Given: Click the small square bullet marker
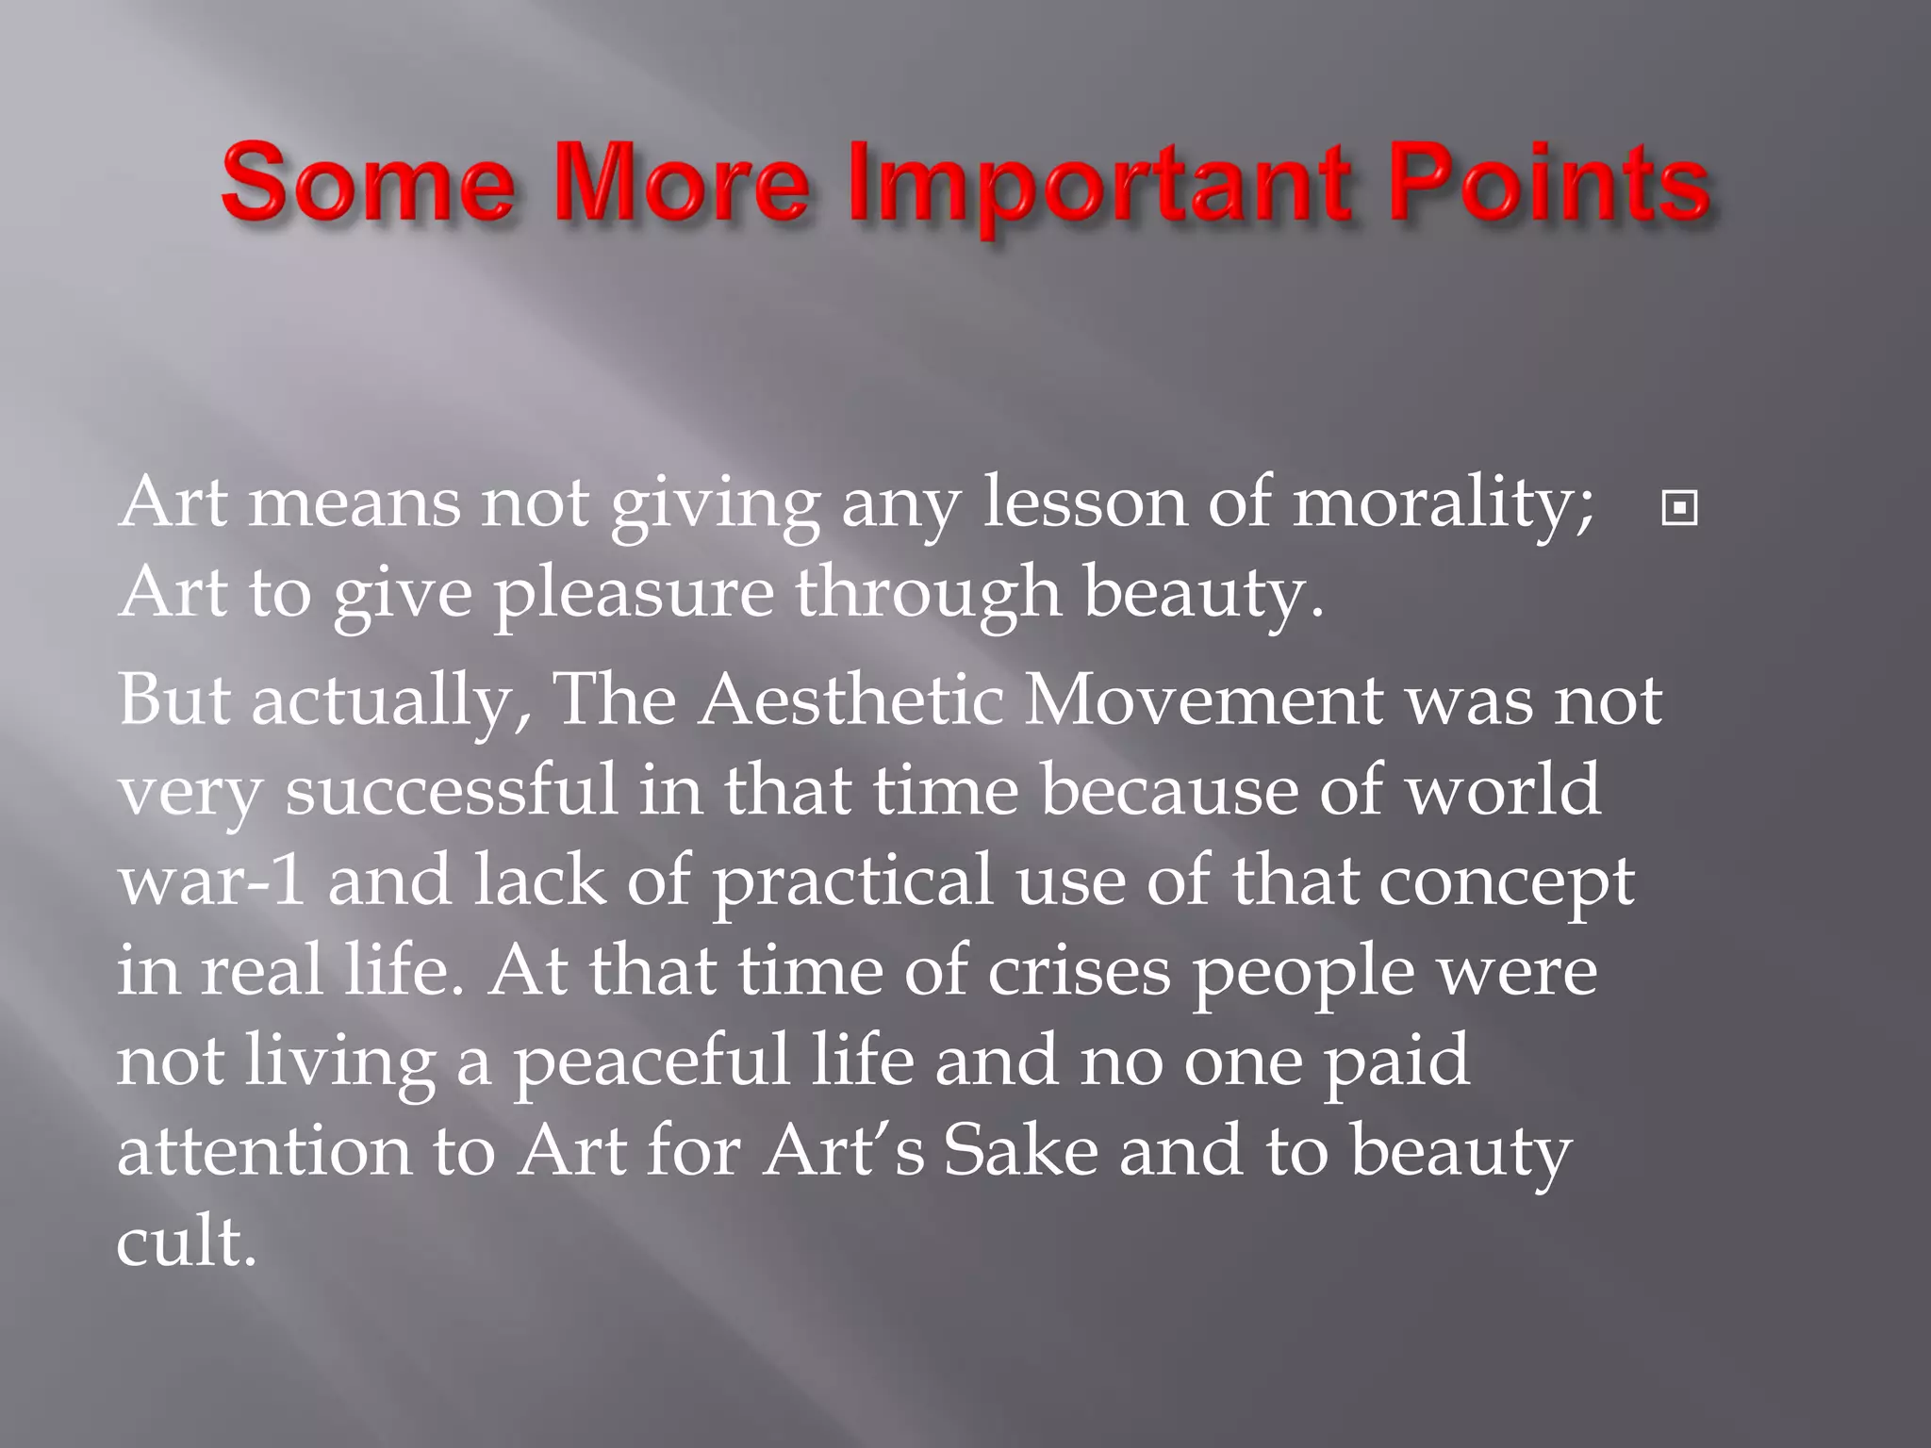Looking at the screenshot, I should click(1679, 508).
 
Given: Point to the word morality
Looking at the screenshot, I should click(1443, 504).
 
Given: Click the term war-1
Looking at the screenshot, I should click(211, 880).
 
